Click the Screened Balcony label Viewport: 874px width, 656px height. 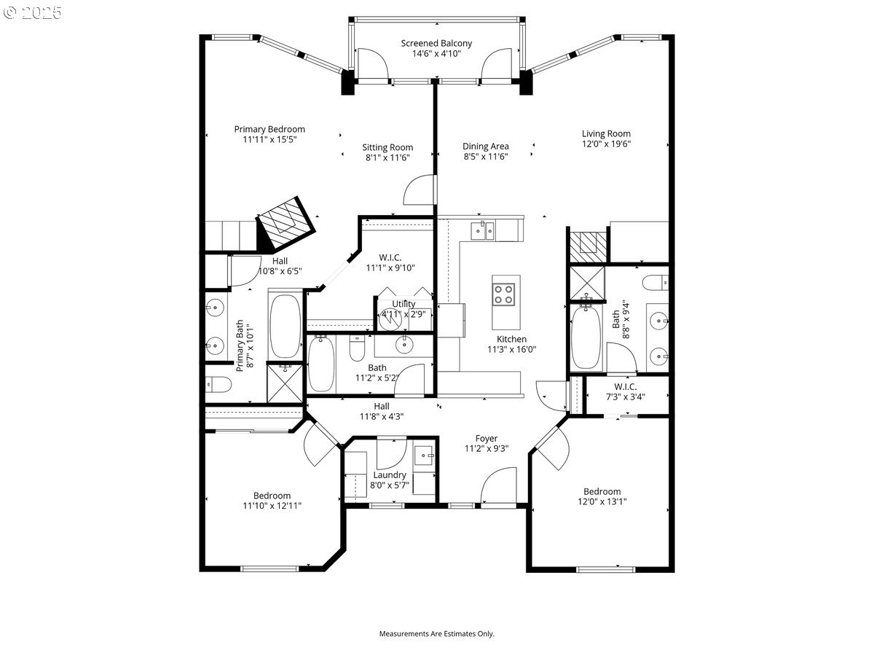pos(436,43)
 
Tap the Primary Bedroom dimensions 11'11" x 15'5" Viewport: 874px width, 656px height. pos(269,138)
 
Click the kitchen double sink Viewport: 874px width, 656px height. pos(482,230)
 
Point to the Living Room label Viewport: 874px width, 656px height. pos(606,133)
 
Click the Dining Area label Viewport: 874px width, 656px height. pos(485,146)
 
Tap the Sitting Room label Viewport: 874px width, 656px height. pos(387,147)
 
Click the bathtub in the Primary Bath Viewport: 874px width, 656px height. pos(285,325)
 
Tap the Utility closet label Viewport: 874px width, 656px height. pos(403,304)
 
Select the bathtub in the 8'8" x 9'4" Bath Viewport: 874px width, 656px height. pos(586,338)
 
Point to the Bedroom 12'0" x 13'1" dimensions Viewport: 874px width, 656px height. pos(602,501)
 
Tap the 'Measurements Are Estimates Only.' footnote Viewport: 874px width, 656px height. pos(436,633)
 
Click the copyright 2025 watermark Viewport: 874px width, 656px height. pos(33,12)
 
